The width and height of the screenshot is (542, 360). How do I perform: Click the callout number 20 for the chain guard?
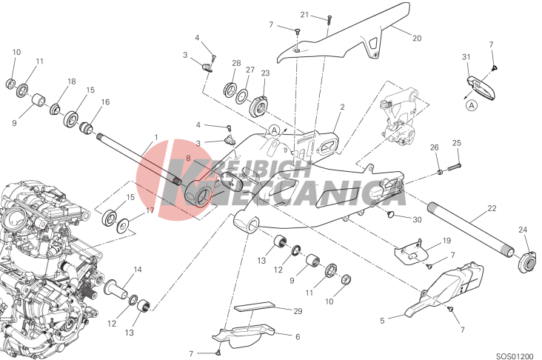click(417, 38)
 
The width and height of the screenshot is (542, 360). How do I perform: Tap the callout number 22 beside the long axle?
click(492, 208)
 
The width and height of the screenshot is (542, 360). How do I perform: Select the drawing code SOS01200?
click(515, 356)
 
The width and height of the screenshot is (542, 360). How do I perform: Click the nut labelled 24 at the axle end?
click(528, 261)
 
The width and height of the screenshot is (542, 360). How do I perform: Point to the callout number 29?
click(298, 311)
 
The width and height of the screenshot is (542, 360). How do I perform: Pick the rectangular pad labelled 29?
click(254, 307)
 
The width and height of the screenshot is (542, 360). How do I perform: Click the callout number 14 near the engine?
click(138, 270)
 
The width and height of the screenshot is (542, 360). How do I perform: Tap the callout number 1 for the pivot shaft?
click(156, 137)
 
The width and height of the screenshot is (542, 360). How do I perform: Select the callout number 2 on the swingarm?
click(342, 107)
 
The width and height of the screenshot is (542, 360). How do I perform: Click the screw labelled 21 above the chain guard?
click(329, 19)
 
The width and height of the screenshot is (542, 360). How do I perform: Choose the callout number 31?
click(466, 56)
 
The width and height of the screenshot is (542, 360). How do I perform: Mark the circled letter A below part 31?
click(472, 104)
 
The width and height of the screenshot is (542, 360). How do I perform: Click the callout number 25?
click(457, 143)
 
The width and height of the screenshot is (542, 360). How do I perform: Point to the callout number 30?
click(417, 219)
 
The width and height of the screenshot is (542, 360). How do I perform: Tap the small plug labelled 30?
click(392, 214)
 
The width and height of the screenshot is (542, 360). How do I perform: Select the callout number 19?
click(446, 240)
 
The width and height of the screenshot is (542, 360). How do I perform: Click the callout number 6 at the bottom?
click(298, 336)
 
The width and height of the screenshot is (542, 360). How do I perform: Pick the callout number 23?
click(265, 73)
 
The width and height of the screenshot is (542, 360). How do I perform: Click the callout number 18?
click(72, 81)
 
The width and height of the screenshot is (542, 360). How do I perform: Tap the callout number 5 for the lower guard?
click(382, 321)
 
